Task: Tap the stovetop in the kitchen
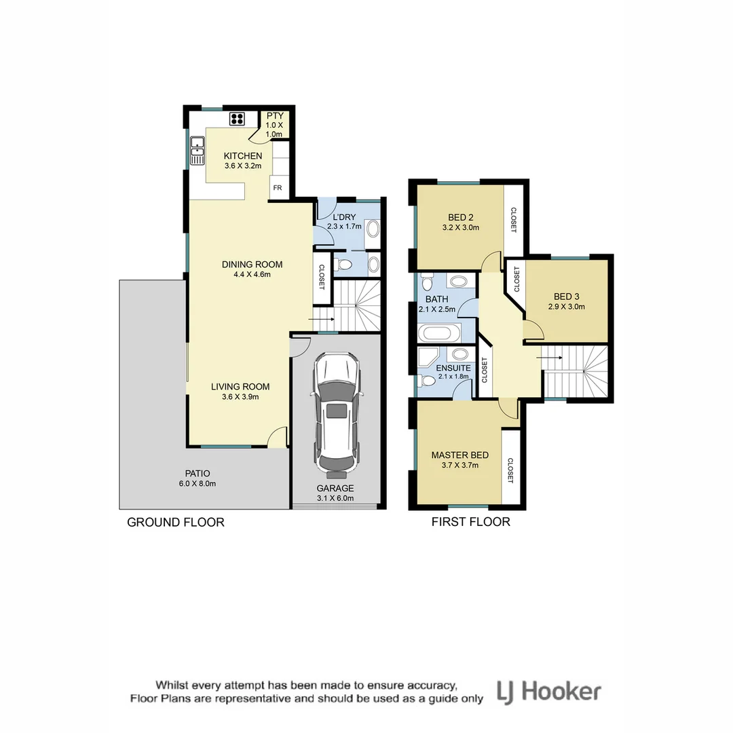[x=237, y=119]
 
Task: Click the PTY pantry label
[x=275, y=115]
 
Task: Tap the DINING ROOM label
[x=252, y=265]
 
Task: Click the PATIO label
[x=198, y=473]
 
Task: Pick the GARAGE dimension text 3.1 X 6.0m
[x=335, y=497]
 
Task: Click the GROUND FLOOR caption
[x=176, y=523]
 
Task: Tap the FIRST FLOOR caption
[x=471, y=522]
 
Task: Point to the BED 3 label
[x=566, y=296]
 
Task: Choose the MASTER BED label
[x=460, y=455]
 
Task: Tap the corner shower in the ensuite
[x=429, y=358]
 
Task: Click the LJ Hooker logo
[x=548, y=692]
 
